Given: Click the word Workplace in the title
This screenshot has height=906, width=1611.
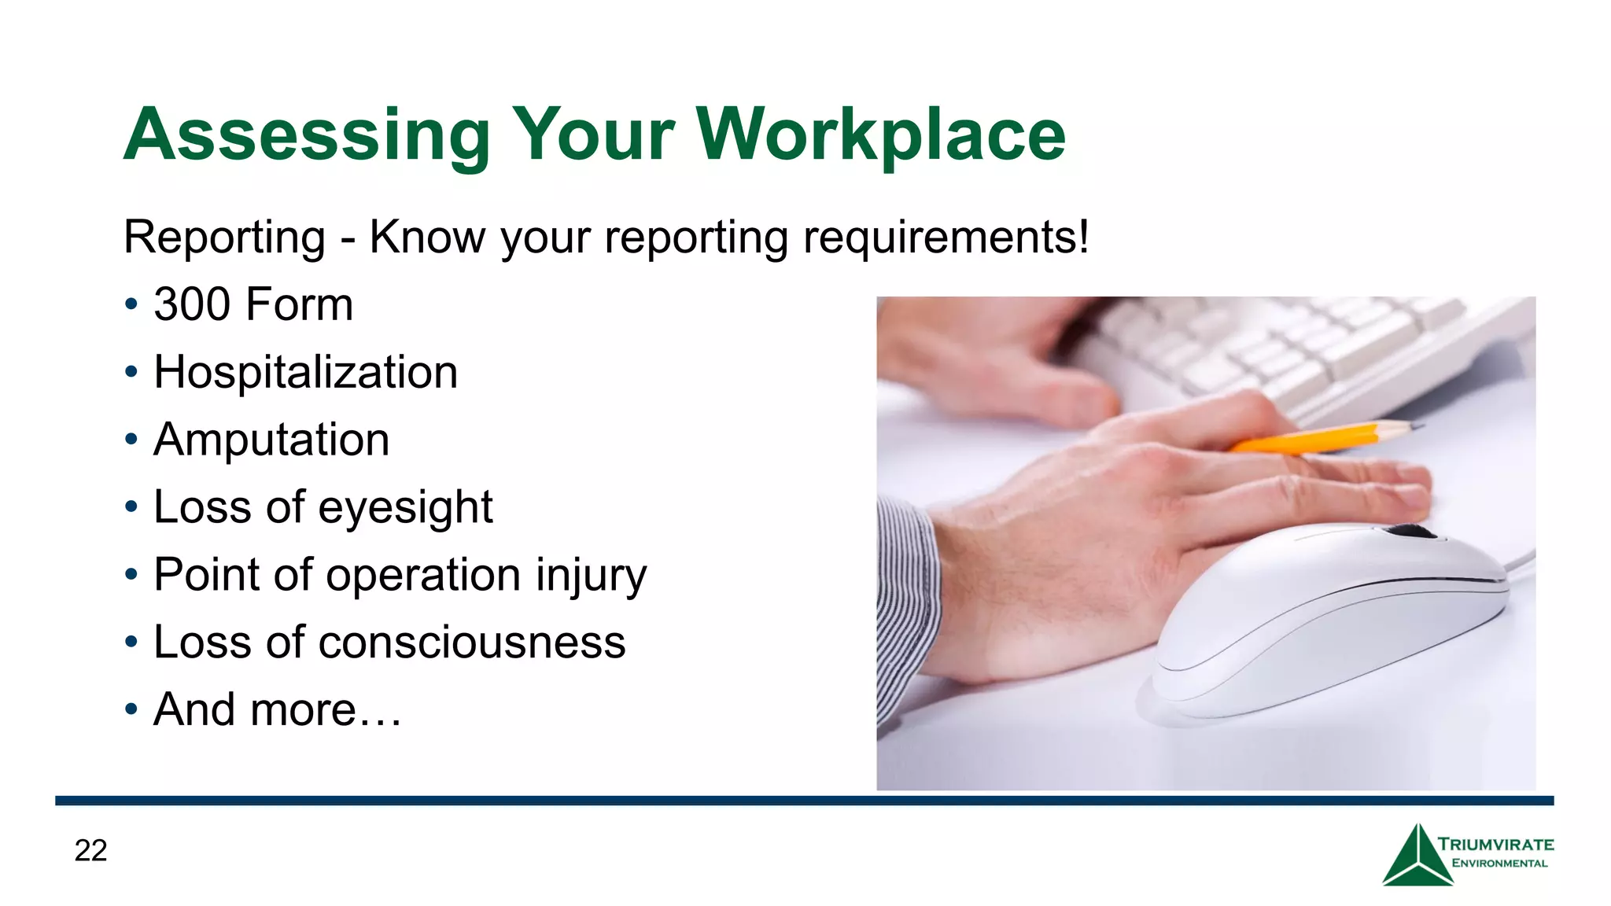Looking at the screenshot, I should pos(881,135).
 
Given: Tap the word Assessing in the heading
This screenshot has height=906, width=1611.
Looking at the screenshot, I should pos(307,135).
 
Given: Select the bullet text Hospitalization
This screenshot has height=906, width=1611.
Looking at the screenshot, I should pos(305,372).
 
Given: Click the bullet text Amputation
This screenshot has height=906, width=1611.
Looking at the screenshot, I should pos(271,440).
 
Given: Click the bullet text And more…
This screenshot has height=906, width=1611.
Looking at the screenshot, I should pos(277,710).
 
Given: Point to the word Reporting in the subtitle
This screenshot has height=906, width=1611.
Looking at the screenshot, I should pos(224,237).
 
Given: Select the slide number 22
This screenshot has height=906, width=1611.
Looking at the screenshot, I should pos(90,850).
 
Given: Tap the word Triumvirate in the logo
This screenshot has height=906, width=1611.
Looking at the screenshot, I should pos(1495,845).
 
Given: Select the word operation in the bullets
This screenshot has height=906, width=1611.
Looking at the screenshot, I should pos(423,576).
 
